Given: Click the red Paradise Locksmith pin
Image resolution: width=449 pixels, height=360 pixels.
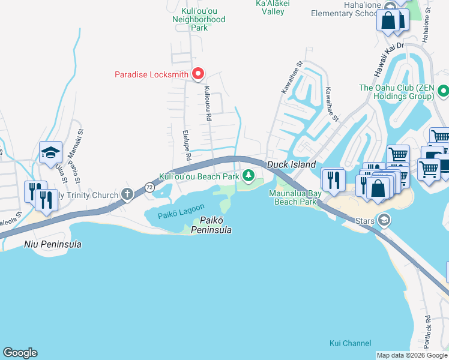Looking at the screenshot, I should (198, 74).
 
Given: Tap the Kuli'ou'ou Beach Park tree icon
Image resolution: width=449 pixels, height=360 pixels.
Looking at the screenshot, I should (249, 176).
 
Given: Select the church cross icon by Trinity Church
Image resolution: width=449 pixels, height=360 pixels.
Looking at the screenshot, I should (127, 194).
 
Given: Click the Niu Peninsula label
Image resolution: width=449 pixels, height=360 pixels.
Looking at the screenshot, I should (53, 244).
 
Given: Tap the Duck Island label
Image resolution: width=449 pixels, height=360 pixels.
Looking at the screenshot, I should (291, 164).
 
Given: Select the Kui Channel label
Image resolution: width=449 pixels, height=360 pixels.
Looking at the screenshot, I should (350, 343).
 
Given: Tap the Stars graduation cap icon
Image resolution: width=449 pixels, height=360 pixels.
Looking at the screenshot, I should (384, 220).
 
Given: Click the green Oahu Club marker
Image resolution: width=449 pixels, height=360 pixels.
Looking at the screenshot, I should (443, 91).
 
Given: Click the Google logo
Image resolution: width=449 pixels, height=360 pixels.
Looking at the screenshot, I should (20, 353).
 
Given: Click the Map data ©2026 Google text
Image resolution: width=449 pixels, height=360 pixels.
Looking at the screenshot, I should (412, 355).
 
